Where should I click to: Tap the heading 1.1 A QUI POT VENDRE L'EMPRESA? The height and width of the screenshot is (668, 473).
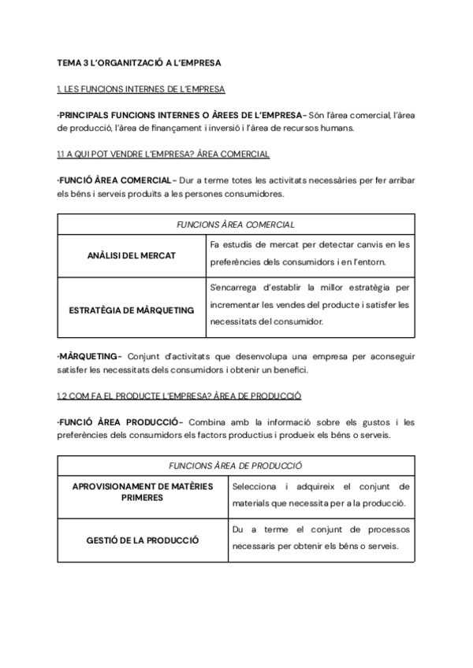tap(163, 154)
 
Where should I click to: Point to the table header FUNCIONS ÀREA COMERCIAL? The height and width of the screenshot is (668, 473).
tap(236, 224)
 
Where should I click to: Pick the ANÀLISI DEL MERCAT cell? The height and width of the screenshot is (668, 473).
tap(132, 256)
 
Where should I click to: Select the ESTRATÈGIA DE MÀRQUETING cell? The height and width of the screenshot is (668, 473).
tap(132, 310)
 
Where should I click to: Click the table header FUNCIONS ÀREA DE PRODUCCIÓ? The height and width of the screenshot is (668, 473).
tap(236, 466)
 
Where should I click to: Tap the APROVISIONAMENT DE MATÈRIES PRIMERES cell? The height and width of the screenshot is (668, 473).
tap(143, 492)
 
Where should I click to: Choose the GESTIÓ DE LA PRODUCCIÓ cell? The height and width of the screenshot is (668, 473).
tap(143, 540)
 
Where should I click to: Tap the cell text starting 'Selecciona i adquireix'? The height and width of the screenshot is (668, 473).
tap(320, 494)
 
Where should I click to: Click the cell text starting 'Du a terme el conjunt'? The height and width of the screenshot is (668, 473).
tap(320, 540)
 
